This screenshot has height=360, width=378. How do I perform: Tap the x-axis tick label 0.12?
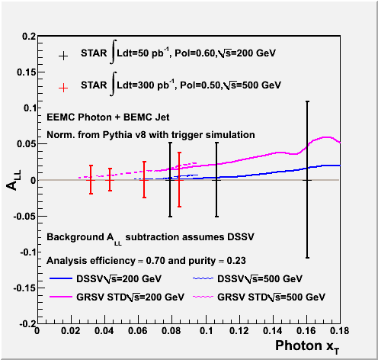[239, 331]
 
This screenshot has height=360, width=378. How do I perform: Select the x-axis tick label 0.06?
[138, 331]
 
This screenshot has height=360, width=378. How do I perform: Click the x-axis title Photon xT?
[307, 347]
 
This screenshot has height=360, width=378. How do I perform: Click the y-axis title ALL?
[13, 180]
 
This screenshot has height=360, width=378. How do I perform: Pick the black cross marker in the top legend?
[63, 56]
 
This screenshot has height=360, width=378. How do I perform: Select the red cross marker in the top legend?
[63, 88]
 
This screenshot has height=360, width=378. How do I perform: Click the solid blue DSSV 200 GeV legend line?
[61, 278]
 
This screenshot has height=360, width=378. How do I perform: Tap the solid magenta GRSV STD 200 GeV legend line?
[61, 297]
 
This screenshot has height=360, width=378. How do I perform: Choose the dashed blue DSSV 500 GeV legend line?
[203, 278]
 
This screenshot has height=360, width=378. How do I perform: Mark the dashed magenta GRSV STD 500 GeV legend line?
[203, 297]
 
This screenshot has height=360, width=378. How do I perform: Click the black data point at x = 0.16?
[307, 180]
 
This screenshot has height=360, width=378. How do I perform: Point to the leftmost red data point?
[91, 180]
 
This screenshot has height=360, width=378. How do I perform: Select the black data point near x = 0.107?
[216, 180]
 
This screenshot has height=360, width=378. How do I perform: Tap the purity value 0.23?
[236, 261]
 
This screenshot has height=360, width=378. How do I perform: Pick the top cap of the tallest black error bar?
[307, 101]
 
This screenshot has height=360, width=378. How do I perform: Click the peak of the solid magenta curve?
[327, 137]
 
